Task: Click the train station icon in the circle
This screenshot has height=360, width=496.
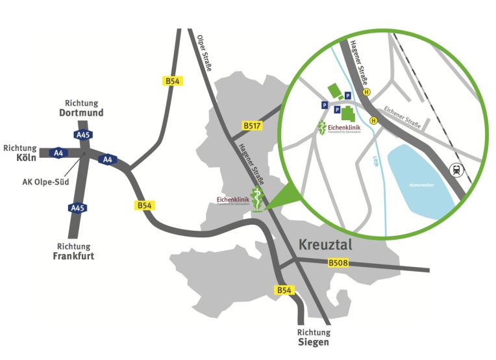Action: click(x=456, y=170)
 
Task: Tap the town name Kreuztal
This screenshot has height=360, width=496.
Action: click(x=325, y=244)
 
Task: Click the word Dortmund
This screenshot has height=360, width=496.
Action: click(x=81, y=112)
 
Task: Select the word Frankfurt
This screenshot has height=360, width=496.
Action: click(x=73, y=255)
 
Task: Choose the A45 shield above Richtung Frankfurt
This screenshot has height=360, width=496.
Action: click(x=77, y=208)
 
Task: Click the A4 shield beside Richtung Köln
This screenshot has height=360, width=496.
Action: click(x=58, y=153)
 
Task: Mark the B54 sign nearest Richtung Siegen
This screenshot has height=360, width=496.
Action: click(x=284, y=290)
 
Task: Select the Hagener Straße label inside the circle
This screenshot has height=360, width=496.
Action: click(x=359, y=63)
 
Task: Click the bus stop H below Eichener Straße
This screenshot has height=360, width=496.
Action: click(x=373, y=120)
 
